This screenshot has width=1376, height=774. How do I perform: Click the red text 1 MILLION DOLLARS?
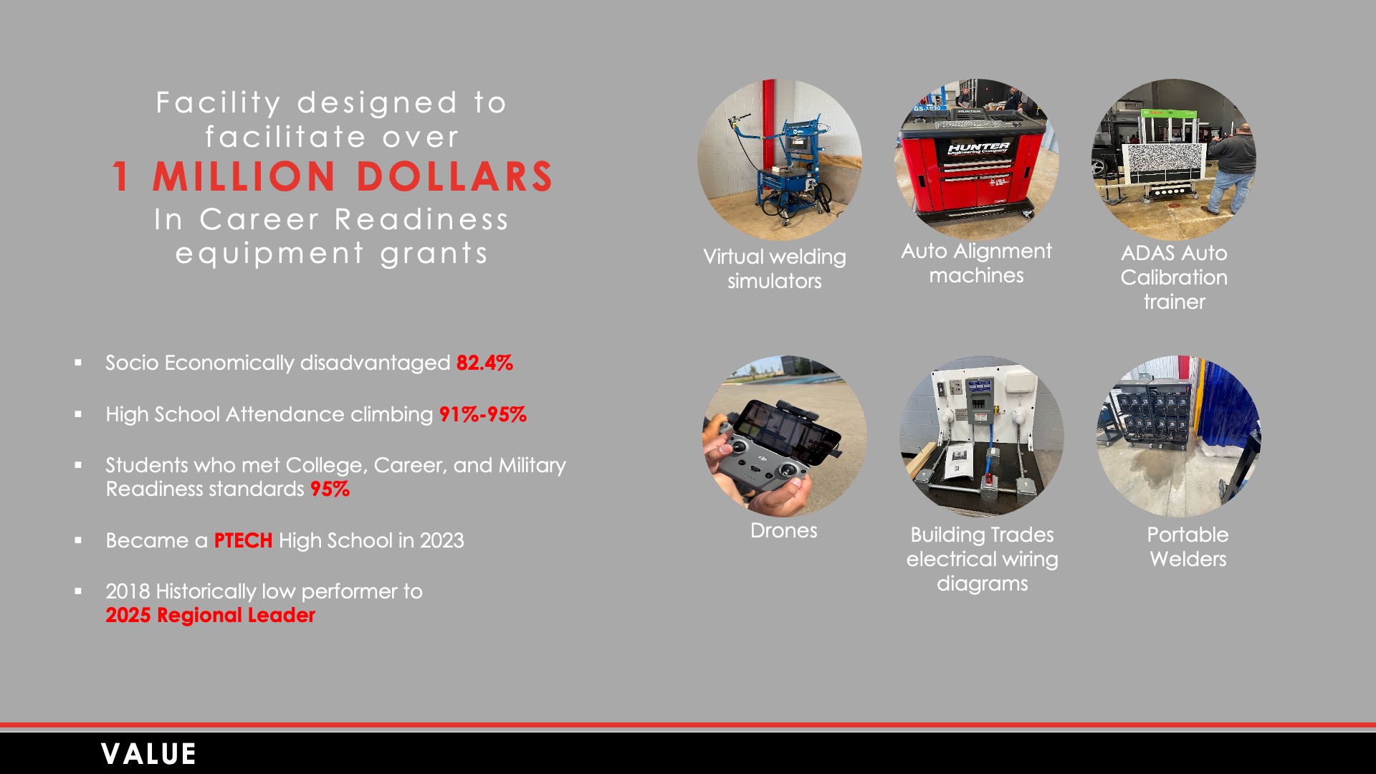pyautogui.click(x=332, y=176)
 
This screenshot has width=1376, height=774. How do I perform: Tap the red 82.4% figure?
pyautogui.click(x=484, y=363)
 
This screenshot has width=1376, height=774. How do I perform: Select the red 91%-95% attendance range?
pyautogui.click(x=483, y=414)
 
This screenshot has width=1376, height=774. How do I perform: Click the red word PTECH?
pyautogui.click(x=243, y=540)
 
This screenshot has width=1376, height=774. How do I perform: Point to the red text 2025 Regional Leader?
pyautogui.click(x=210, y=615)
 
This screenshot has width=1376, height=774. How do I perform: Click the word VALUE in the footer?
pyautogui.click(x=148, y=754)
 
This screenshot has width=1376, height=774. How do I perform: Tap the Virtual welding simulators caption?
pyautogui.click(x=775, y=269)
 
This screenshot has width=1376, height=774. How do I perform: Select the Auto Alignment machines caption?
pyautogui.click(x=976, y=263)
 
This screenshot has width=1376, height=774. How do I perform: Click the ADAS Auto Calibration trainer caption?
pyautogui.click(x=1174, y=277)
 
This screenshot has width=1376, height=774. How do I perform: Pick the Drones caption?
pyautogui.click(x=783, y=530)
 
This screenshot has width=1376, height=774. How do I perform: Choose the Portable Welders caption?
pyautogui.click(x=1188, y=547)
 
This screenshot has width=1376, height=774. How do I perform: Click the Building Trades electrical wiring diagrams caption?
pyautogui.click(x=982, y=559)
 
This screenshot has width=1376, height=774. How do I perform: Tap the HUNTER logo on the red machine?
pyautogui.click(x=978, y=148)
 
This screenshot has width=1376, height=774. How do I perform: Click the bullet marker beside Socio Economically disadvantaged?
pyautogui.click(x=78, y=363)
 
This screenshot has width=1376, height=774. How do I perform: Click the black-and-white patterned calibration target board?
pyautogui.click(x=1164, y=163)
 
